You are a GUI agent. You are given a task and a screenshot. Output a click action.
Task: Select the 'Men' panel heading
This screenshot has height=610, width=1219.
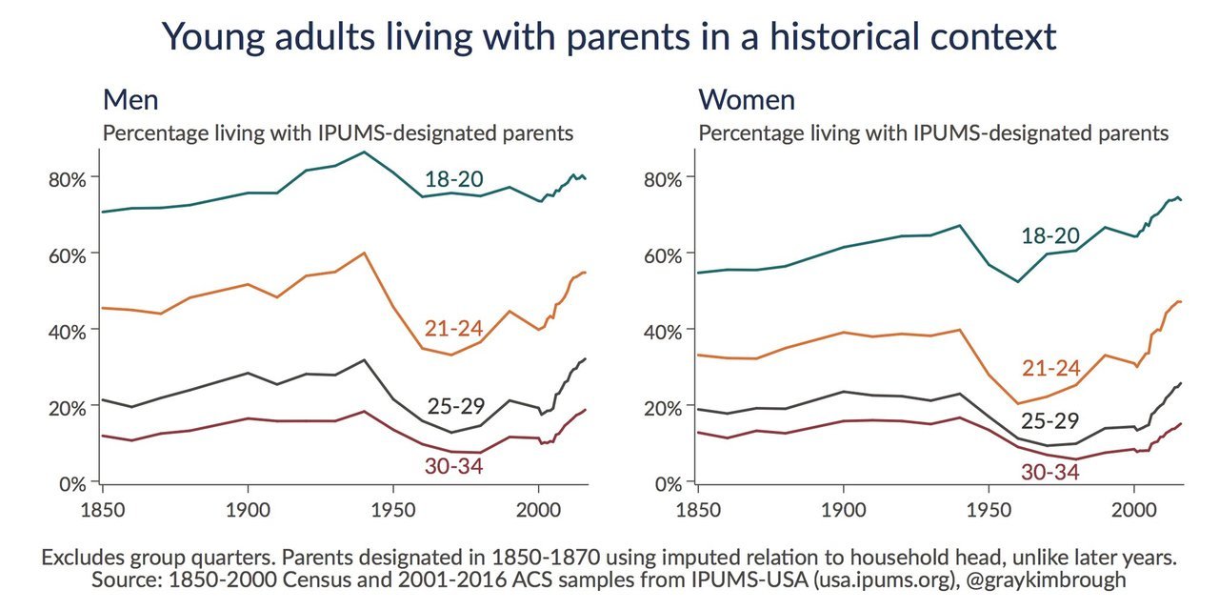pyautogui.click(x=130, y=100)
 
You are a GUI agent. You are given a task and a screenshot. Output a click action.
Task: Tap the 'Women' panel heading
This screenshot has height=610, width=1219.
pyautogui.click(x=747, y=100)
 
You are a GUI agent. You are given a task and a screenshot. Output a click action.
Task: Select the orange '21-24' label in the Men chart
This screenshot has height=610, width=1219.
pyautogui.click(x=454, y=330)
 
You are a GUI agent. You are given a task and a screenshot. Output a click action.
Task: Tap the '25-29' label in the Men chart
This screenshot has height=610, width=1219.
pyautogui.click(x=454, y=407)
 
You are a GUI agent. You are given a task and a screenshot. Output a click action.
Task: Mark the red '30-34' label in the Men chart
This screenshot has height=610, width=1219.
pyautogui.click(x=454, y=466)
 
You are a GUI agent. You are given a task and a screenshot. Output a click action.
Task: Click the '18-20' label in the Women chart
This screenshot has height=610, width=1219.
pyautogui.click(x=1050, y=236)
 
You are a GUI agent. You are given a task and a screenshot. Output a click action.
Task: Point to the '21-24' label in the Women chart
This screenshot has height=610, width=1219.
pyautogui.click(x=1050, y=369)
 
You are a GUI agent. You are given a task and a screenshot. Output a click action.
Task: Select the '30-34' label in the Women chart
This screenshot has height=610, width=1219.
pyautogui.click(x=1050, y=471)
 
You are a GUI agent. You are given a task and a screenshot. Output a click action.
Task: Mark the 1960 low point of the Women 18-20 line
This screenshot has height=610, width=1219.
pyautogui.click(x=1018, y=281)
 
